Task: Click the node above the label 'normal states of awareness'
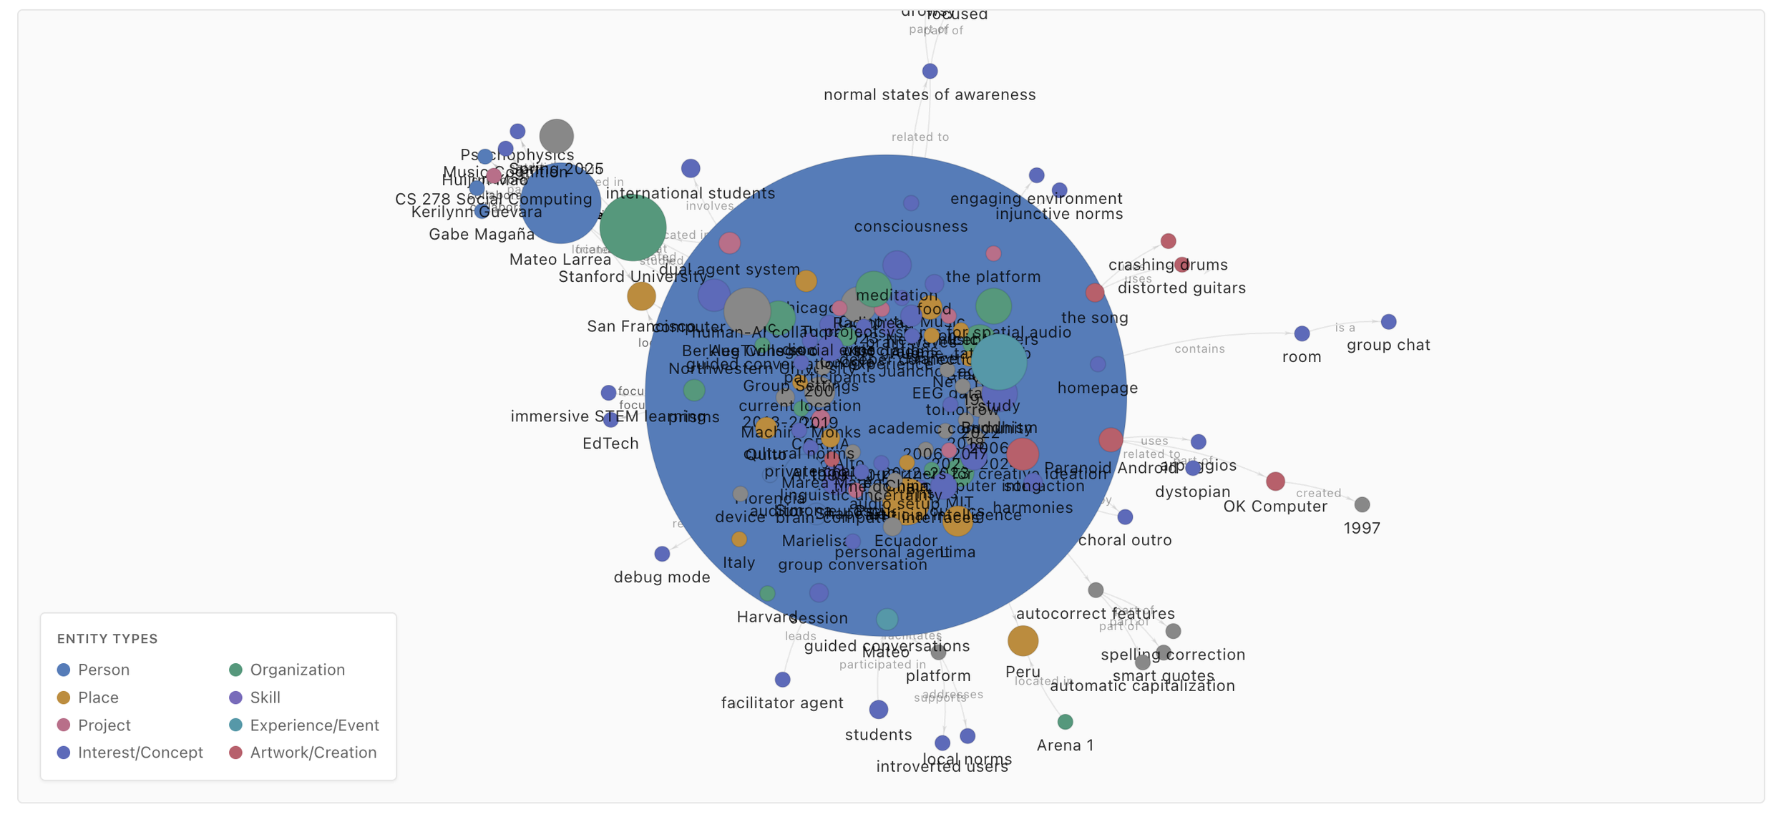(x=930, y=71)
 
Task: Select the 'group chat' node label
(x=1388, y=345)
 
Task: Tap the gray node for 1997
(x=1362, y=504)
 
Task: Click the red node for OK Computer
(x=1275, y=481)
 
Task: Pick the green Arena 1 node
(x=1065, y=722)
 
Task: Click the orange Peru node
(x=1023, y=641)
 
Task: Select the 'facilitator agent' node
(x=783, y=679)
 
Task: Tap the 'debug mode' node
(x=662, y=554)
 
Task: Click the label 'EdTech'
(x=610, y=444)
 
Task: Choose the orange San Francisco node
(x=641, y=295)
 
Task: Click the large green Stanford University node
(x=633, y=227)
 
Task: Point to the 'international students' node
(x=691, y=168)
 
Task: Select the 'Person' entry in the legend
(x=104, y=670)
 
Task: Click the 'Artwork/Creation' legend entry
(x=313, y=753)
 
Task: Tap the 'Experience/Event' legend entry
(x=314, y=725)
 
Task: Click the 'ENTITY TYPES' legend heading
(x=107, y=639)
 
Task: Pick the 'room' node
(x=1302, y=333)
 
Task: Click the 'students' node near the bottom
(x=879, y=710)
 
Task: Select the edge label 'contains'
(x=1199, y=349)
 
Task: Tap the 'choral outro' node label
(x=1125, y=540)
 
